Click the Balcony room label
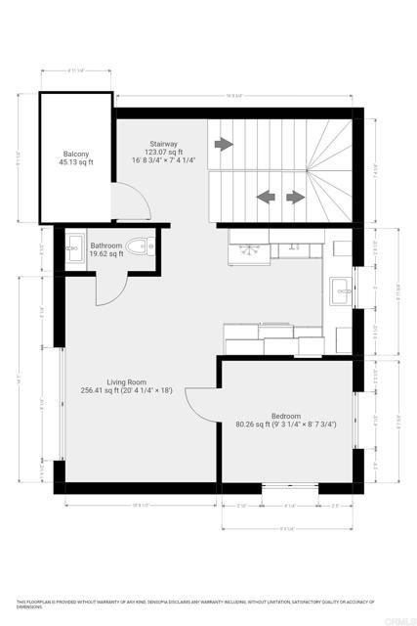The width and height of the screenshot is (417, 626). (x=77, y=154)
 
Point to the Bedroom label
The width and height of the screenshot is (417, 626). (x=285, y=415)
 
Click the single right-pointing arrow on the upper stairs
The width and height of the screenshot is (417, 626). (x=225, y=144)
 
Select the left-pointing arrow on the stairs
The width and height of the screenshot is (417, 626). (x=265, y=197)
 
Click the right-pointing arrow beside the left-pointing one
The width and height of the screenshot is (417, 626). (x=294, y=197)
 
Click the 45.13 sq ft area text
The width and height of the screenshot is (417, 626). (x=77, y=163)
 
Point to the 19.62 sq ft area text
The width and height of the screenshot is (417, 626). (x=106, y=254)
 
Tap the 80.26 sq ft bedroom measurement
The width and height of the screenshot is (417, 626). (x=285, y=425)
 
